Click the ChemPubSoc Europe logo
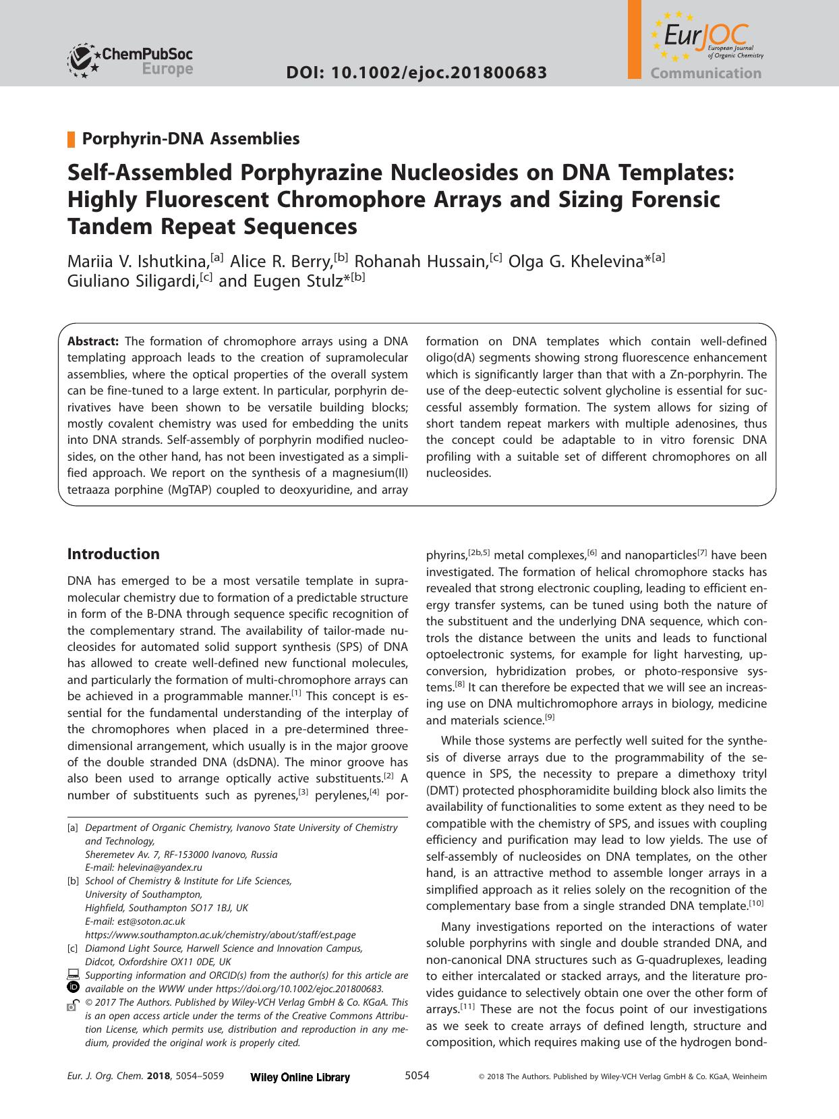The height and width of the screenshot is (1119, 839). click(x=129, y=60)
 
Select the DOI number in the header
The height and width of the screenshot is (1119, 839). click(x=416, y=73)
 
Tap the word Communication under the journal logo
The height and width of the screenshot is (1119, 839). click(x=705, y=74)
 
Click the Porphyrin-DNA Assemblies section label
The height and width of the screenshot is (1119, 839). click(x=190, y=139)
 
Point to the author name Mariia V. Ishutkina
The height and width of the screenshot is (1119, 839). click(x=138, y=260)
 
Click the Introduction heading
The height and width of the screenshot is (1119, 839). click(x=113, y=554)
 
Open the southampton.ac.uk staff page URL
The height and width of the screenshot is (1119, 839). click(x=220, y=935)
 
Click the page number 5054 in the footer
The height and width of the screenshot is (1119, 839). click(x=416, y=1076)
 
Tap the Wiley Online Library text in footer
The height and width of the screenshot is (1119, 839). click(x=299, y=1077)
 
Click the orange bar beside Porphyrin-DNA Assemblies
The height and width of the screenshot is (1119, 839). click(x=70, y=140)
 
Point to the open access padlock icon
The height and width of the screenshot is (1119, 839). click(x=73, y=1004)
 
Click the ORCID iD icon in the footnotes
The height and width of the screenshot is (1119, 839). click(x=74, y=987)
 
